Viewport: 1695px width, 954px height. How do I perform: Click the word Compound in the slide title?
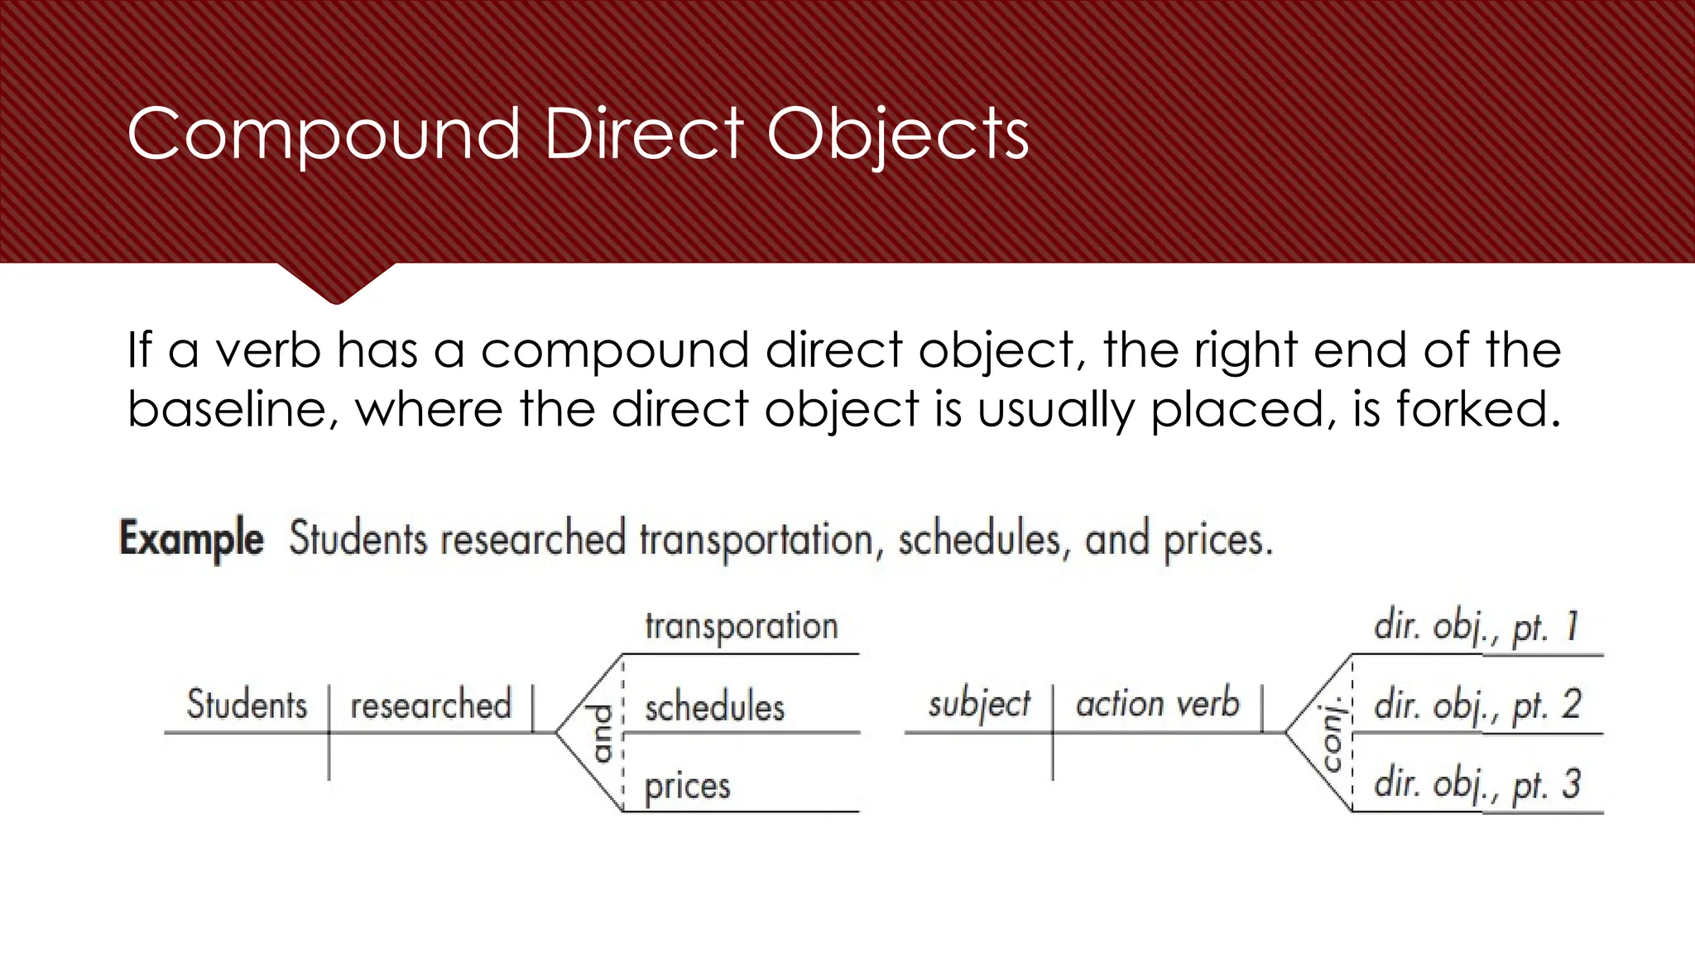[x=323, y=135]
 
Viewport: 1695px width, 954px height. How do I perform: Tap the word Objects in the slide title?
[x=897, y=135]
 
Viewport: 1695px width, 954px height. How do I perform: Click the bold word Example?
[x=192, y=539]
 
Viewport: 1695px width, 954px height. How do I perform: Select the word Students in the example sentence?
[x=358, y=539]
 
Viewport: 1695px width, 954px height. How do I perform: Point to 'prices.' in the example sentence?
[x=1217, y=541]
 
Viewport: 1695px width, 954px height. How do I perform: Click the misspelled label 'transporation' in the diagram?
[x=741, y=626]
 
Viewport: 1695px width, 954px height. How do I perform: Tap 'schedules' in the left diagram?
[x=714, y=707]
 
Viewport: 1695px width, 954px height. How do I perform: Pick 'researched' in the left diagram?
[x=430, y=706]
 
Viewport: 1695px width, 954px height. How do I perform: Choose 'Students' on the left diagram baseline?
[x=247, y=705]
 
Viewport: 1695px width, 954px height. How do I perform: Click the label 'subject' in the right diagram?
[x=979, y=705]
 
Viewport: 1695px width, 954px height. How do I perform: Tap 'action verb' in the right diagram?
[x=1157, y=704]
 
